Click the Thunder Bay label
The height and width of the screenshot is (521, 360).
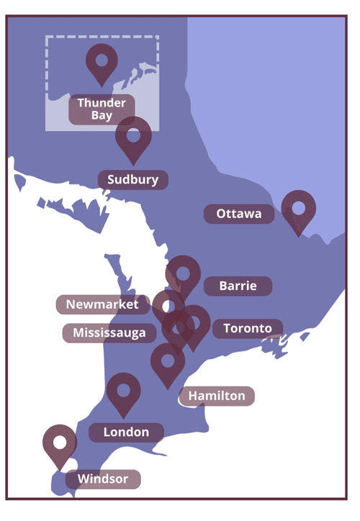102,109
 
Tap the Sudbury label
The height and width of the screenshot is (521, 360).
132,180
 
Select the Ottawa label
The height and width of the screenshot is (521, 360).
239,214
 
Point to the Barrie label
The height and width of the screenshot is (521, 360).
237,286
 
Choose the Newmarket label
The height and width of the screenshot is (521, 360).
102,304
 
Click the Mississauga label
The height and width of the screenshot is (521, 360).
109,332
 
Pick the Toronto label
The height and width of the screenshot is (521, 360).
247,329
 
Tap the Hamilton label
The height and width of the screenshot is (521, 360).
217,396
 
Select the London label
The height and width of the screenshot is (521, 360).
126,432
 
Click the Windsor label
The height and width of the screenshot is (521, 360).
102,479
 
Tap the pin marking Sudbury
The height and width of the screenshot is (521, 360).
133,139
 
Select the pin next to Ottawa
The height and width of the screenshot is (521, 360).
298,210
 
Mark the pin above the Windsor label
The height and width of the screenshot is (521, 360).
60,445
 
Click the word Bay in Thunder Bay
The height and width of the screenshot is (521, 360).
102,115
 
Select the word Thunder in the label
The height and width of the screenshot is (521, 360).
102,103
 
